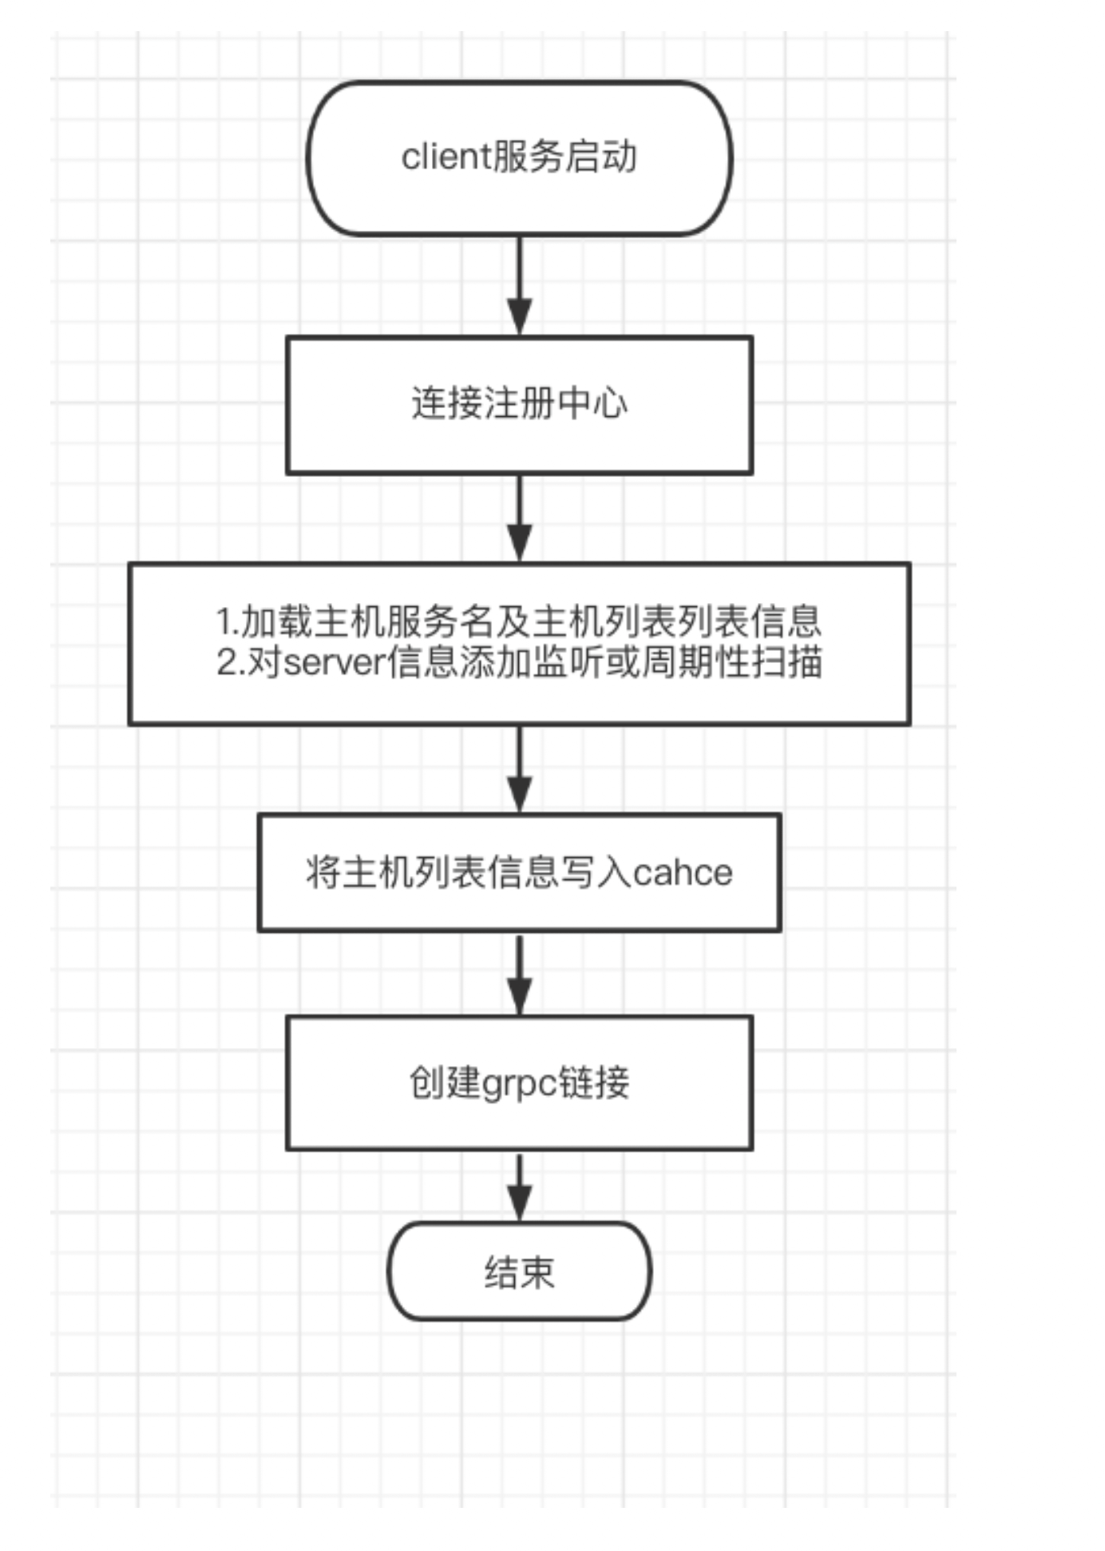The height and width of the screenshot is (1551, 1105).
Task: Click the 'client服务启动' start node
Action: click(519, 158)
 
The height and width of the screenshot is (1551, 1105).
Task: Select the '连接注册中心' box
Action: click(519, 405)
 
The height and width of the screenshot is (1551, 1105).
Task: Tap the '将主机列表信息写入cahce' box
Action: click(519, 872)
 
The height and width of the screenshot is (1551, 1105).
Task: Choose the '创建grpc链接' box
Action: click(519, 1083)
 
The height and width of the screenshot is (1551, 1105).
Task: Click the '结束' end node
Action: click(519, 1271)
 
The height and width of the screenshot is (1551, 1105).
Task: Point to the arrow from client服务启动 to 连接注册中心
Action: click(520, 286)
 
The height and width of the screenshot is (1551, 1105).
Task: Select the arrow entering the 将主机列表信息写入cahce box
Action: click(520, 769)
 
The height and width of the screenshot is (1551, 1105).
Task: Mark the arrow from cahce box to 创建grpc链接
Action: click(520, 974)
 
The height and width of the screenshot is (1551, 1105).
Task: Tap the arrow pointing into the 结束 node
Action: click(520, 1187)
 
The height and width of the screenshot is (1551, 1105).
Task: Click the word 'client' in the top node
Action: click(446, 157)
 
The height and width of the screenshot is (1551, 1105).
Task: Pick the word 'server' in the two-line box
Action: click(335, 664)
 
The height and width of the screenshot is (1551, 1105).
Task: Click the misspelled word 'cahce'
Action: click(683, 873)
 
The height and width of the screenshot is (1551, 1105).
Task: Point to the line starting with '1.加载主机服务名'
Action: click(519, 621)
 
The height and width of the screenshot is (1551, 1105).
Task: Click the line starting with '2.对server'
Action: click(519, 663)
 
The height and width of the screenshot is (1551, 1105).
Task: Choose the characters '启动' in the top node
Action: click(601, 157)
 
